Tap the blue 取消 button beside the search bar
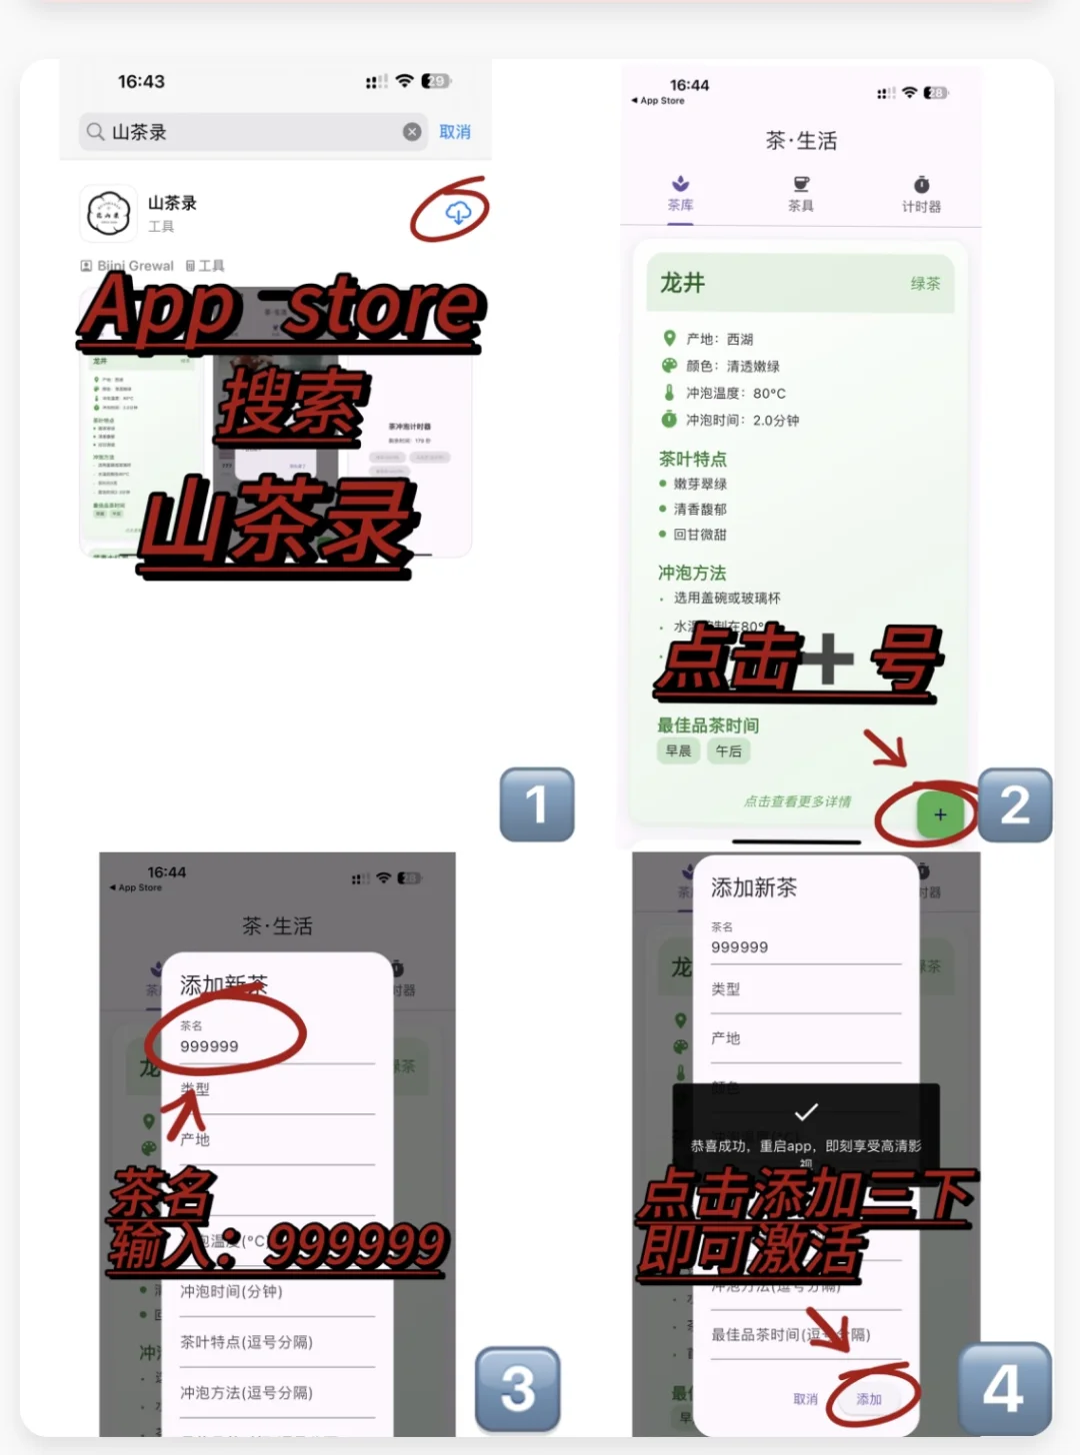pyautogui.click(x=454, y=132)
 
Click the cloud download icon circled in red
pyautogui.click(x=458, y=212)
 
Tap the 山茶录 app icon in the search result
pyautogui.click(x=108, y=213)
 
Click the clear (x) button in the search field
pyautogui.click(x=412, y=132)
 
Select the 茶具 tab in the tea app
pyautogui.click(x=801, y=193)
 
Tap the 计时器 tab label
pyautogui.click(x=921, y=206)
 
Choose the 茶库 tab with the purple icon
pyautogui.click(x=680, y=193)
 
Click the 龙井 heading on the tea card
pyautogui.click(x=683, y=283)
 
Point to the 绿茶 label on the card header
pyautogui.click(x=925, y=284)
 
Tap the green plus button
pyautogui.click(x=939, y=814)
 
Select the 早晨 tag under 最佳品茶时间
pyautogui.click(x=678, y=751)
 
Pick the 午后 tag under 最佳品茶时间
pyautogui.click(x=729, y=751)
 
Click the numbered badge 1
pyautogui.click(x=537, y=804)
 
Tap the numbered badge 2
pyautogui.click(x=1014, y=805)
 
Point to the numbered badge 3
pyautogui.click(x=517, y=1388)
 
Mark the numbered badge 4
pyautogui.click(x=1004, y=1388)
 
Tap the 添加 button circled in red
pyautogui.click(x=869, y=1399)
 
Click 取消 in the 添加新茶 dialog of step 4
pyautogui.click(x=805, y=1399)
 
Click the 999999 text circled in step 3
pyautogui.click(x=209, y=1046)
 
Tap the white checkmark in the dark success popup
pyautogui.click(x=806, y=1111)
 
